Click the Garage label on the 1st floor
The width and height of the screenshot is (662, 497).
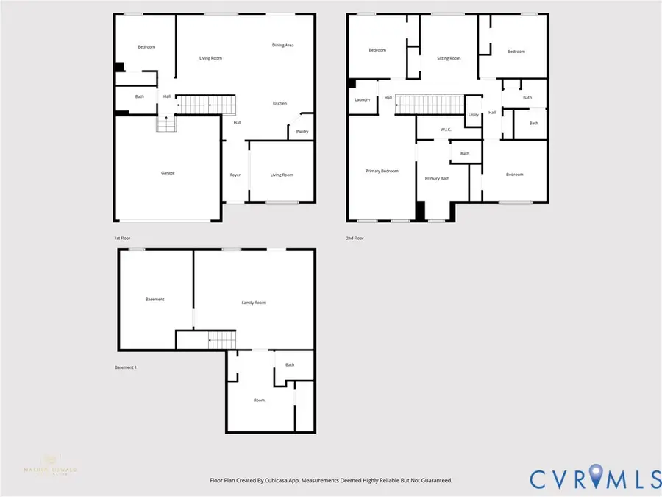(168, 173)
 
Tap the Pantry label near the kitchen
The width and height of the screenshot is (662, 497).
(302, 132)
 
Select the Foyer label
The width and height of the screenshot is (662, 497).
(235, 175)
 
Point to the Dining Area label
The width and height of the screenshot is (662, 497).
(283, 46)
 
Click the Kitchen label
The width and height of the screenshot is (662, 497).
(280, 103)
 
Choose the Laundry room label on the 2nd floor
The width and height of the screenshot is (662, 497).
(362, 99)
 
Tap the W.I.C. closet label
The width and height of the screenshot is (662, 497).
(446, 130)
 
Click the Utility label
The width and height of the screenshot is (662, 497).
(473, 115)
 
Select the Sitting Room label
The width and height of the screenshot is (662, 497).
(449, 58)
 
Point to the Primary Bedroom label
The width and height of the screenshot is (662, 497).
(382, 171)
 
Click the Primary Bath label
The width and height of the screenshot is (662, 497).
(437, 178)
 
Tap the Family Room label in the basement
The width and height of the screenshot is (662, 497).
(254, 303)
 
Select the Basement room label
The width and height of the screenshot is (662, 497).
(154, 299)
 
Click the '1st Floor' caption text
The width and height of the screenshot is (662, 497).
(123, 238)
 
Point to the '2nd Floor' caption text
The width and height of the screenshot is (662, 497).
(355, 238)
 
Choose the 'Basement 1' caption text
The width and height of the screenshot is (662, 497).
(126, 367)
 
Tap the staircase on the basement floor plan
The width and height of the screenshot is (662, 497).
(223, 340)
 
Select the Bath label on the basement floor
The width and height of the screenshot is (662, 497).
(290, 364)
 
